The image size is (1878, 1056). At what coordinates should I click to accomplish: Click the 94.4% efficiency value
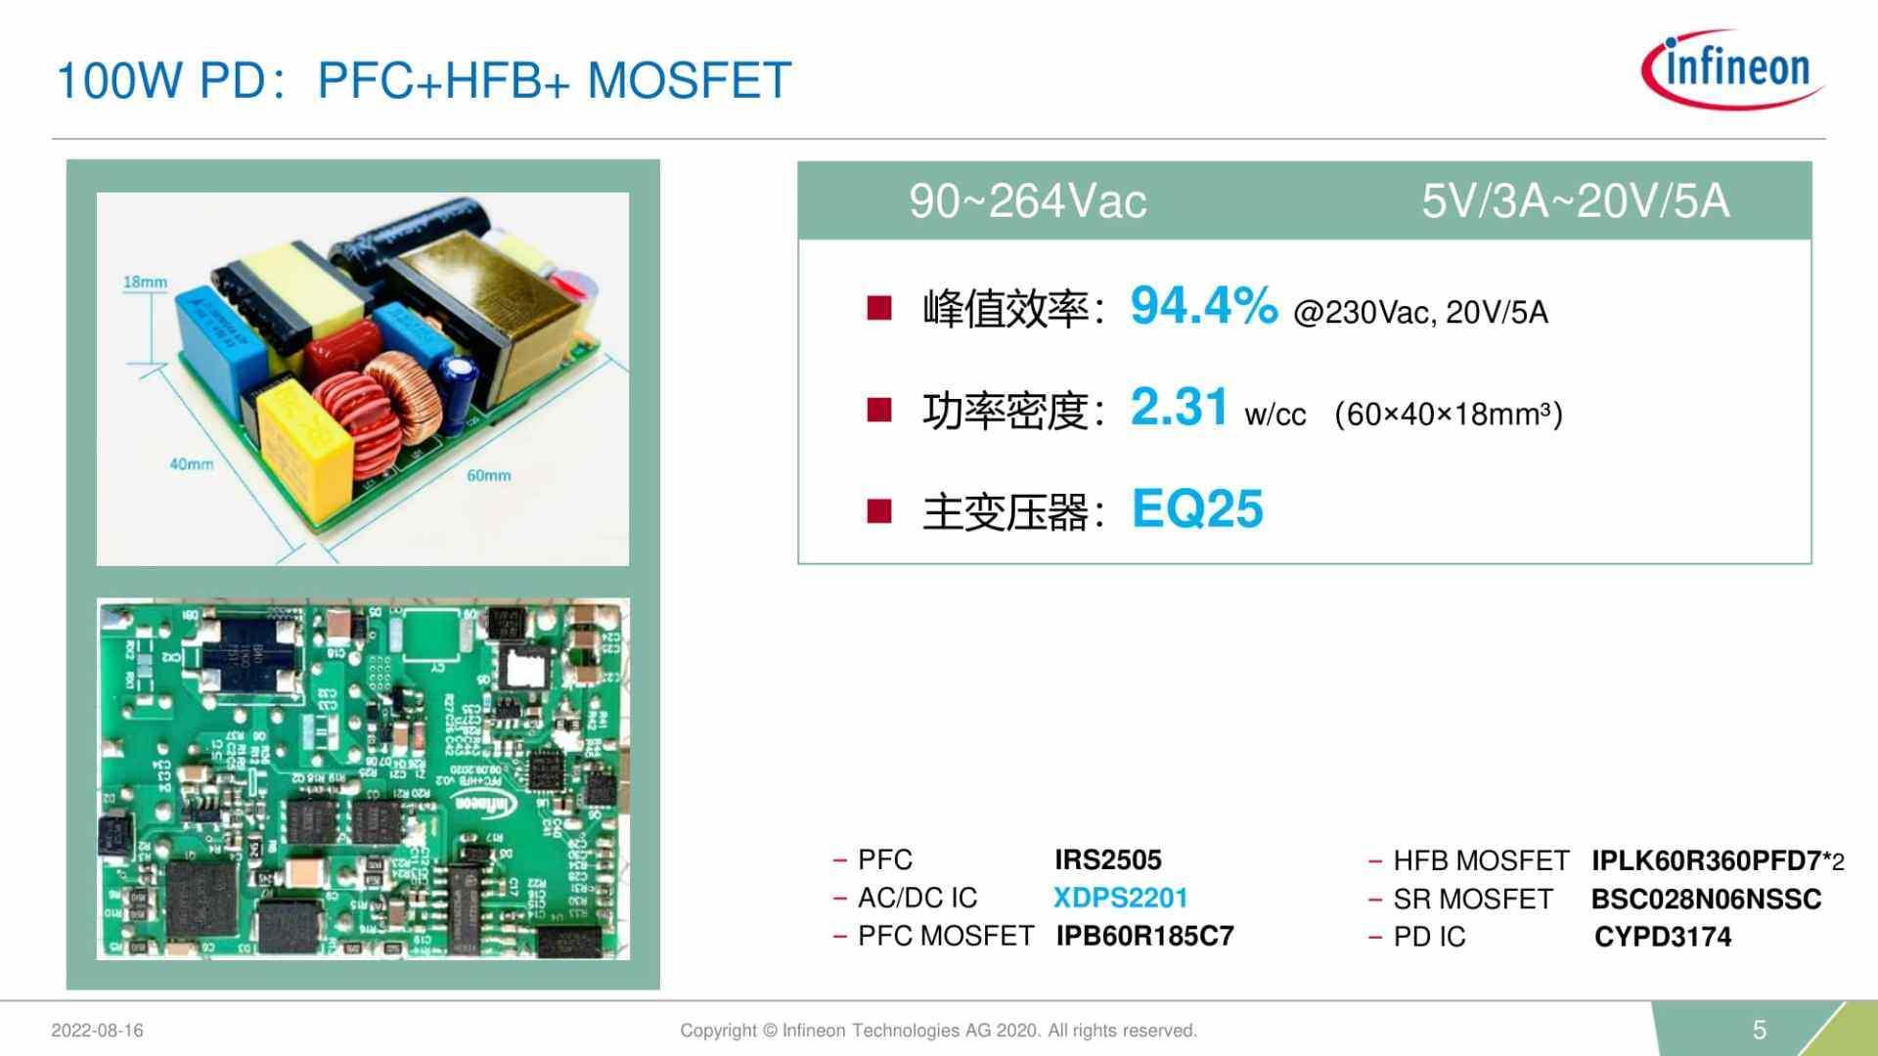tap(1203, 306)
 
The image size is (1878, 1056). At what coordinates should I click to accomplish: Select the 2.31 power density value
tap(1179, 407)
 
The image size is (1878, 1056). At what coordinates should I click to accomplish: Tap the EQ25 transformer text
tap(1197, 509)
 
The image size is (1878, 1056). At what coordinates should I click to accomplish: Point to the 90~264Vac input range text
tap(1027, 201)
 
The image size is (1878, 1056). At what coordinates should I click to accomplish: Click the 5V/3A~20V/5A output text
tap(1575, 201)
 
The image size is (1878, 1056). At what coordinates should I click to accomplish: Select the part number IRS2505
tap(1107, 860)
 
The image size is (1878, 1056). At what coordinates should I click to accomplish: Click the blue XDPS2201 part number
tap(1120, 899)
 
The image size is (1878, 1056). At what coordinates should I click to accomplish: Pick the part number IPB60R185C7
tap(1144, 937)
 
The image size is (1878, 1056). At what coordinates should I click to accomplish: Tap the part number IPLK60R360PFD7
tap(1706, 861)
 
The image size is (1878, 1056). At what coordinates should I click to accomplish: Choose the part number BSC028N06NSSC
tap(1706, 900)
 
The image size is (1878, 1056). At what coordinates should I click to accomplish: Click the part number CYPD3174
tap(1662, 938)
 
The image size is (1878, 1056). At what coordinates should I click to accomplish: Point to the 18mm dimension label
tap(145, 283)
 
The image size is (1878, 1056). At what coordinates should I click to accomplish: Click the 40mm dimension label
tap(191, 464)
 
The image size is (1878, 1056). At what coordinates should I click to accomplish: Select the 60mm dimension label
tap(488, 476)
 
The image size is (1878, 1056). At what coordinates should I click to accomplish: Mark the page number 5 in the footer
tap(1760, 1030)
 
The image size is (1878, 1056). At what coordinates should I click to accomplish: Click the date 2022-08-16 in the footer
tap(97, 1031)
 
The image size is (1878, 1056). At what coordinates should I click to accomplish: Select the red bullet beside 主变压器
tap(879, 511)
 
